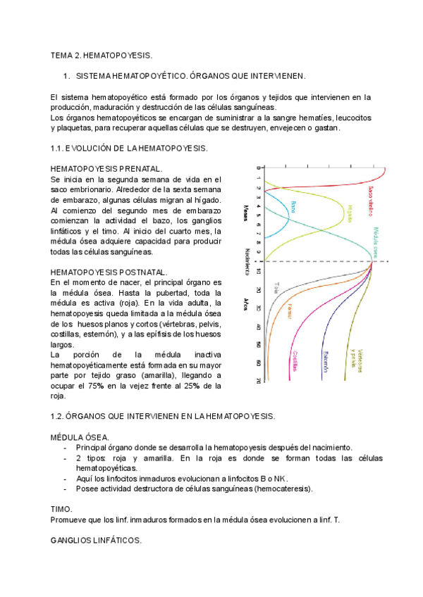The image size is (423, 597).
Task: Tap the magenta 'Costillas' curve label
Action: pyautogui.click(x=295, y=361)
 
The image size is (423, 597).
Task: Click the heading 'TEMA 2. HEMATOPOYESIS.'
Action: pyautogui.click(x=102, y=55)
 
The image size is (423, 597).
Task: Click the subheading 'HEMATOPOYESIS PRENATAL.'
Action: pyautogui.click(x=106, y=170)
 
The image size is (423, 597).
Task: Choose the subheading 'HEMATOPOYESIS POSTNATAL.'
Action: pyautogui.click(x=109, y=272)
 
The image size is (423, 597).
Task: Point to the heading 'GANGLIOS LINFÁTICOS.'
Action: pyautogui.click(x=97, y=540)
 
